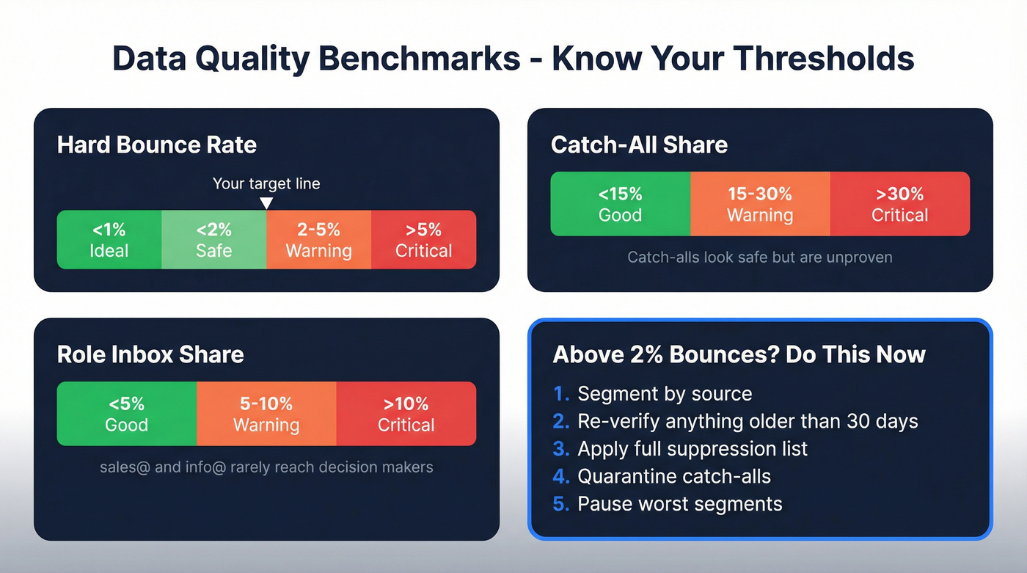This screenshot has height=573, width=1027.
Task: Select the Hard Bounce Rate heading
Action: click(157, 145)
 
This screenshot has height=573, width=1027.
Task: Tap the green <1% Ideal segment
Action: click(109, 240)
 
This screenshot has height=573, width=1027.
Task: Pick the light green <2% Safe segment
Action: click(213, 240)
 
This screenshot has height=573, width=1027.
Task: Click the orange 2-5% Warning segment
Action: click(318, 240)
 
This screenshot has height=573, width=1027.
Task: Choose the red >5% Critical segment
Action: click(423, 240)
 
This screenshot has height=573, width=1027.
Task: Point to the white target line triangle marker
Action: click(267, 203)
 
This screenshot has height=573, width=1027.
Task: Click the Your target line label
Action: click(266, 183)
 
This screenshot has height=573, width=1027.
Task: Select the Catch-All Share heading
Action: click(639, 145)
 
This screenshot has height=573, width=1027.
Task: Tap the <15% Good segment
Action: click(620, 204)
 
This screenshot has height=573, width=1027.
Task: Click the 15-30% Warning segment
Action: click(760, 204)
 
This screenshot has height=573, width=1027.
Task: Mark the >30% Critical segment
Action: click(899, 204)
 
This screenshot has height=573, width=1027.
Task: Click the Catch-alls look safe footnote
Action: click(760, 258)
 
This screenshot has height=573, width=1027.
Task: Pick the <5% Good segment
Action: click(126, 414)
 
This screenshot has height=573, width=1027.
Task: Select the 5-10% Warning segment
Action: click(266, 414)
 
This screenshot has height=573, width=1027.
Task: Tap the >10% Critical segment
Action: click(406, 414)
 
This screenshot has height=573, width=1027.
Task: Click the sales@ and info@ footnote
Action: click(266, 467)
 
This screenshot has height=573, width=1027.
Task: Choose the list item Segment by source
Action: click(665, 394)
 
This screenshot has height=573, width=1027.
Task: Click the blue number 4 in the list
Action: click(560, 477)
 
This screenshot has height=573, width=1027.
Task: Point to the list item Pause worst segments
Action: click(679, 505)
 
